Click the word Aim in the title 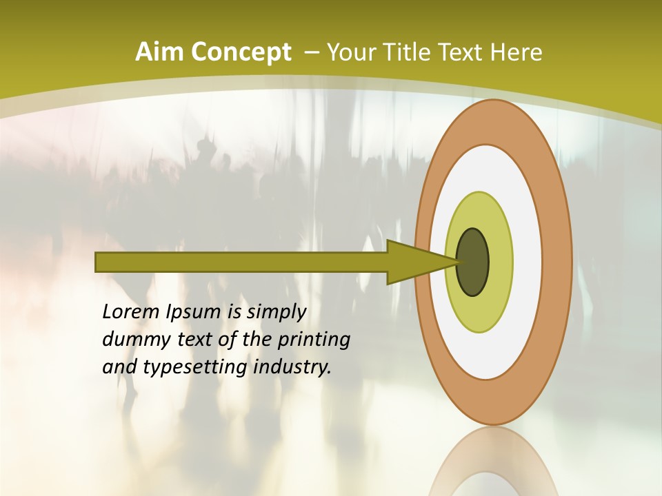point(159,52)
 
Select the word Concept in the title point(240,52)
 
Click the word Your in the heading point(350,52)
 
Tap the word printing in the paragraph point(314,340)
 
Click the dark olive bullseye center point(473,262)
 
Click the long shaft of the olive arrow point(241,262)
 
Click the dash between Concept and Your point(311,52)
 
